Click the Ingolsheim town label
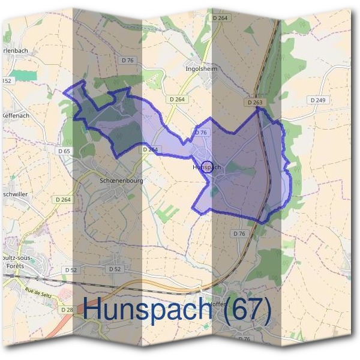[x=200, y=69]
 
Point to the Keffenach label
[x=16, y=115]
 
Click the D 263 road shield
[x=254, y=103]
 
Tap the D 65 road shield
[x=64, y=152]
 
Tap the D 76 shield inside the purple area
[x=200, y=132]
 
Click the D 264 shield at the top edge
[x=221, y=19]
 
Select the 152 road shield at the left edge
[x=7, y=80]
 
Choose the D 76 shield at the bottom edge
[x=244, y=339]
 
